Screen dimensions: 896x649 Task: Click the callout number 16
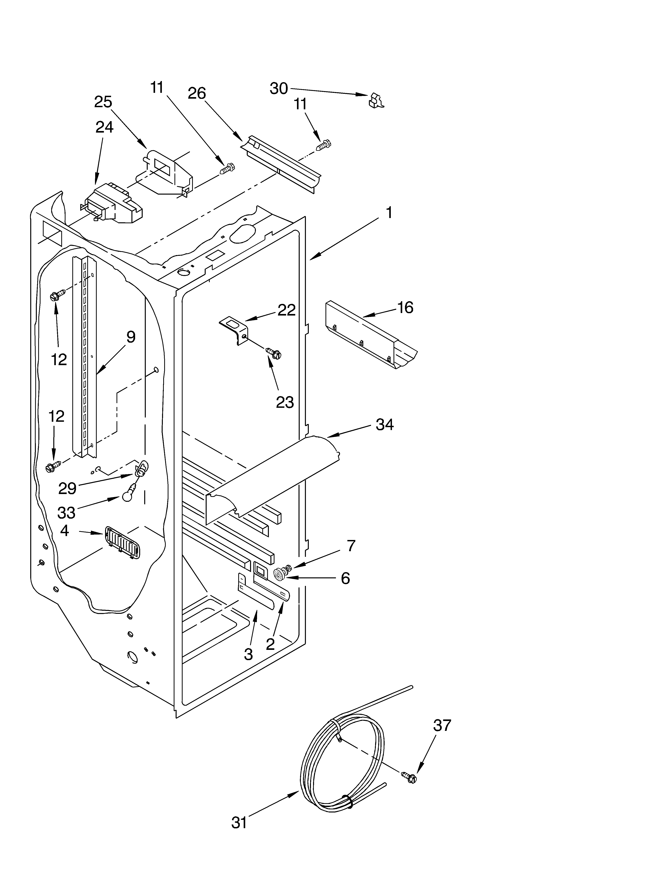[x=405, y=307]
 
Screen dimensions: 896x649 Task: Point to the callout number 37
[x=442, y=725]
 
